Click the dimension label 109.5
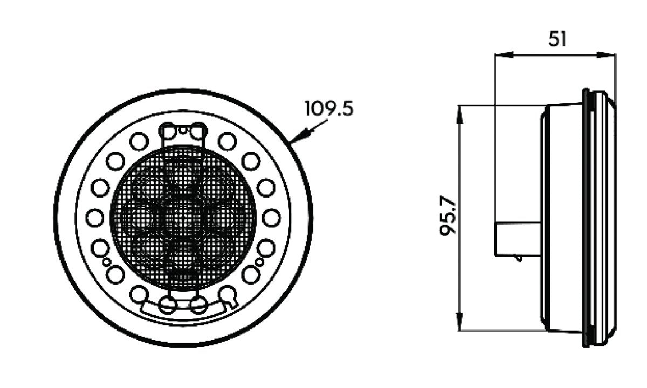click(x=329, y=108)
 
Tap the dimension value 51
click(x=557, y=39)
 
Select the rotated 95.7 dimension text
click(x=448, y=216)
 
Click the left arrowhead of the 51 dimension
click(x=504, y=55)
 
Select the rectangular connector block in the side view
click(x=518, y=239)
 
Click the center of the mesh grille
click(x=183, y=218)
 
